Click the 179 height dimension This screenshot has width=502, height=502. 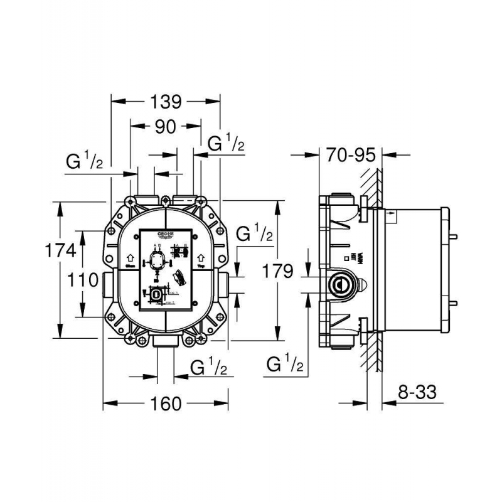(278, 272)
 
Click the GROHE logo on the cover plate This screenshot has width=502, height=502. (164, 235)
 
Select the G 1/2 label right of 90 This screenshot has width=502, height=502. (226, 144)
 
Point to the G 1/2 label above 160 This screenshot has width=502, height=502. (208, 366)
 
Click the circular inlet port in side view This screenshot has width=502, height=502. (340, 284)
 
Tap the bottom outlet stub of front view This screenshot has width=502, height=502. (165, 342)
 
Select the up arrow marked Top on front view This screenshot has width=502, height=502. (201, 257)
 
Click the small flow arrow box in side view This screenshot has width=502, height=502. (391, 215)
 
